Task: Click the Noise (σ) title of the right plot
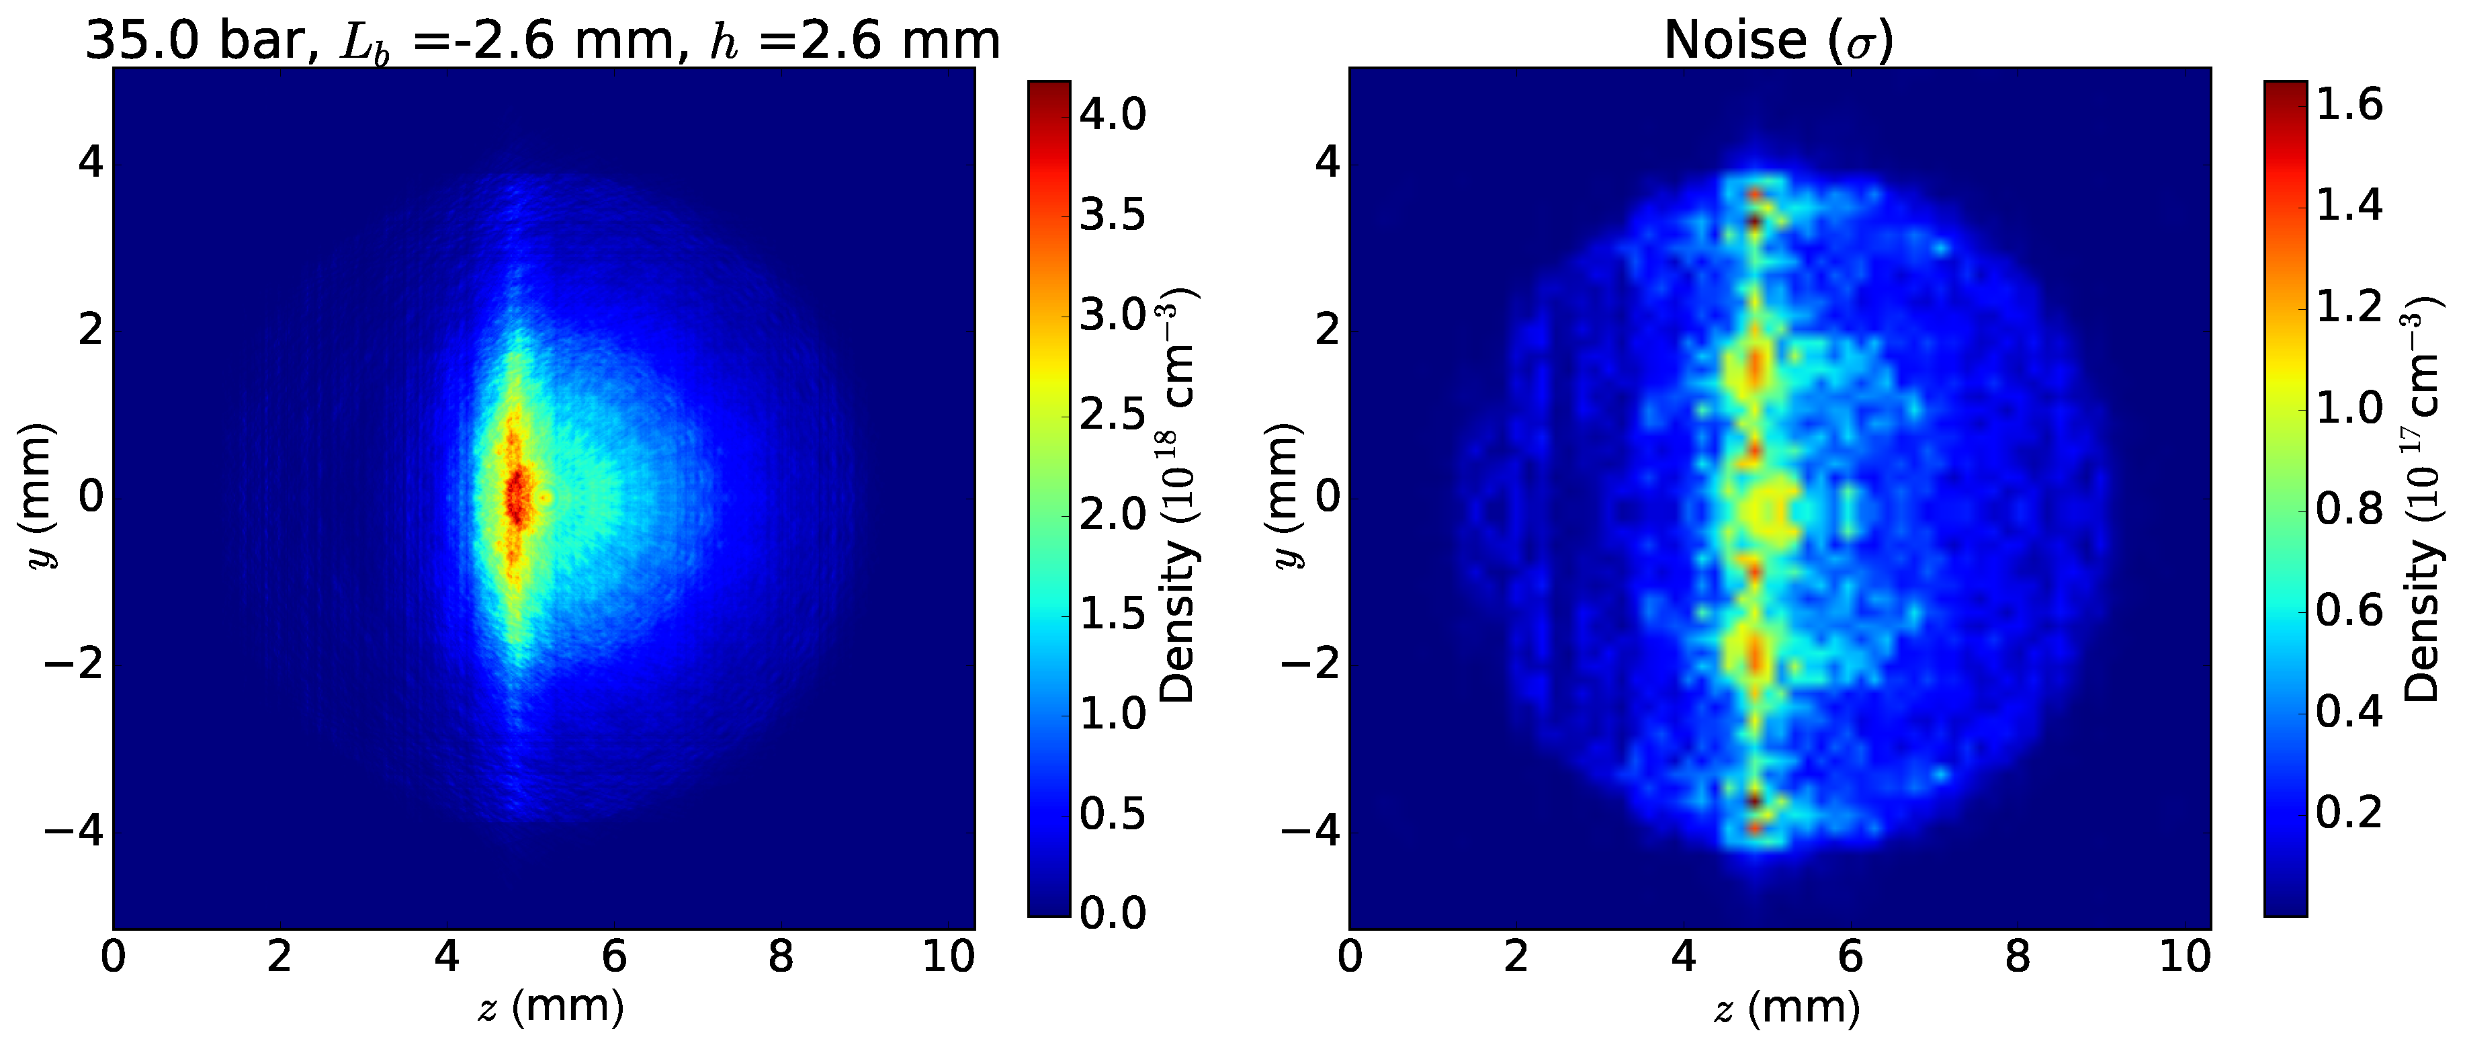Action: pyautogui.click(x=1778, y=40)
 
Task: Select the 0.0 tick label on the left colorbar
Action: pyautogui.click(x=1112, y=913)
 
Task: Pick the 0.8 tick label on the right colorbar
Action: pyautogui.click(x=2349, y=508)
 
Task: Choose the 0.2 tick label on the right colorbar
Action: pyautogui.click(x=2349, y=811)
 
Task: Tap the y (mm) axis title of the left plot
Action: pyautogui.click(x=40, y=497)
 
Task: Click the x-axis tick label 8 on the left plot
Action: pyautogui.click(x=781, y=957)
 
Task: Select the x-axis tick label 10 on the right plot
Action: pyautogui.click(x=2185, y=957)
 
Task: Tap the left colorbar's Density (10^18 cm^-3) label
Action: pyautogui.click(x=1178, y=497)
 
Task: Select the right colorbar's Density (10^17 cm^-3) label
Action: pyautogui.click(x=2422, y=497)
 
